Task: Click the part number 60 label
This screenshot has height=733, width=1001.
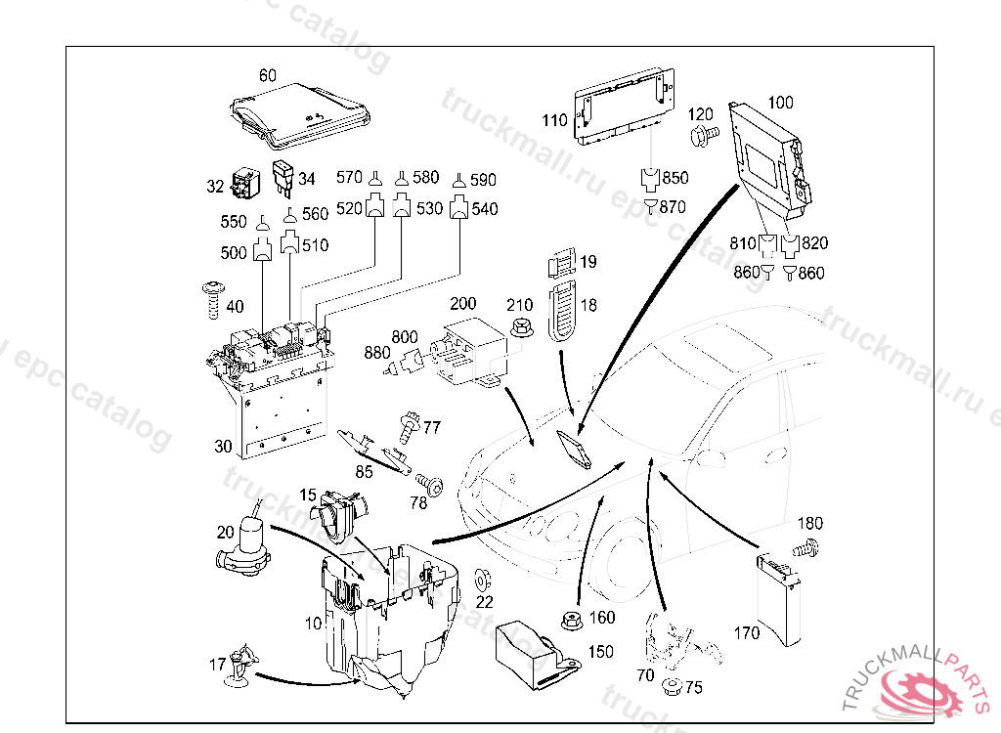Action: pos(268,75)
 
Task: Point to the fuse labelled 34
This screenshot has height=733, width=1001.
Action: pos(283,177)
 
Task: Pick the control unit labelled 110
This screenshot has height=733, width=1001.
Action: pos(626,106)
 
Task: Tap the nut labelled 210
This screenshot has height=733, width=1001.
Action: pos(520,328)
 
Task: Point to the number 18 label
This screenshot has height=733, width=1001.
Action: pos(588,306)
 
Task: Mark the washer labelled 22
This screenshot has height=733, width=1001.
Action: pos(482,577)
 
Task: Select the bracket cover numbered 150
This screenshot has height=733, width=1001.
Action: pos(533,652)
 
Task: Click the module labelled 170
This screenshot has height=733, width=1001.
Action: pos(782,601)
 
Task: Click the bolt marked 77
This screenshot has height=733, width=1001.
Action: pos(408,426)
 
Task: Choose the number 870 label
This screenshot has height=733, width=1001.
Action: pos(673,207)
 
